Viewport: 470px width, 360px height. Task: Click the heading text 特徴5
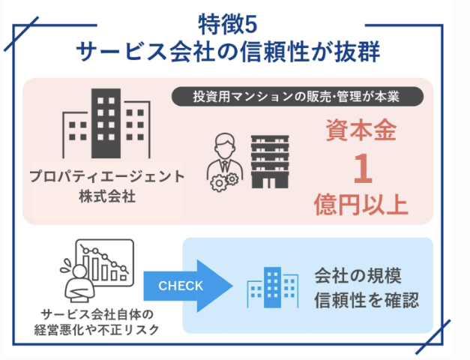pyautogui.click(x=228, y=25)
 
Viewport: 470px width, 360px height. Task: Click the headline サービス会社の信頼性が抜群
pyautogui.click(x=228, y=52)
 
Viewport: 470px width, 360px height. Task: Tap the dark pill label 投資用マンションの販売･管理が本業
pyautogui.click(x=298, y=97)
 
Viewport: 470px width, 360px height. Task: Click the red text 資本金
pyautogui.click(x=361, y=130)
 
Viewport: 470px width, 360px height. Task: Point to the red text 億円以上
pyautogui.click(x=361, y=204)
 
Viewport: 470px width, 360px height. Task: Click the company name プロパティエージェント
pyautogui.click(x=107, y=176)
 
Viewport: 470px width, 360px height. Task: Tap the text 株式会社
pyautogui.click(x=107, y=196)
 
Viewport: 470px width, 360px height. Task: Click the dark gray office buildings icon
pyautogui.click(x=106, y=123)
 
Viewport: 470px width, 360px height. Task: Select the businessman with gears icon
pyautogui.click(x=223, y=162)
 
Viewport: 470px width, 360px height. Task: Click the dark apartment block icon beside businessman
pyautogui.click(x=270, y=162)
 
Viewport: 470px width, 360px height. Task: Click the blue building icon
pyautogui.click(x=272, y=287)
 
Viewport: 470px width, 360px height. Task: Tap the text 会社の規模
pyautogui.click(x=358, y=276)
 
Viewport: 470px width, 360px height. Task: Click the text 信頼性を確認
pyautogui.click(x=367, y=300)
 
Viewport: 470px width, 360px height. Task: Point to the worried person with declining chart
pyautogui.click(x=97, y=271)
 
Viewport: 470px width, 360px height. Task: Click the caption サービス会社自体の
pyautogui.click(x=97, y=315)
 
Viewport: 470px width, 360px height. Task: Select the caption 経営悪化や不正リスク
pyautogui.click(x=97, y=330)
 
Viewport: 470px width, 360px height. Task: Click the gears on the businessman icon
pyautogui.click(x=224, y=181)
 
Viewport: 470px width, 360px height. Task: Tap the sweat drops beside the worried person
pyautogui.click(x=67, y=265)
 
